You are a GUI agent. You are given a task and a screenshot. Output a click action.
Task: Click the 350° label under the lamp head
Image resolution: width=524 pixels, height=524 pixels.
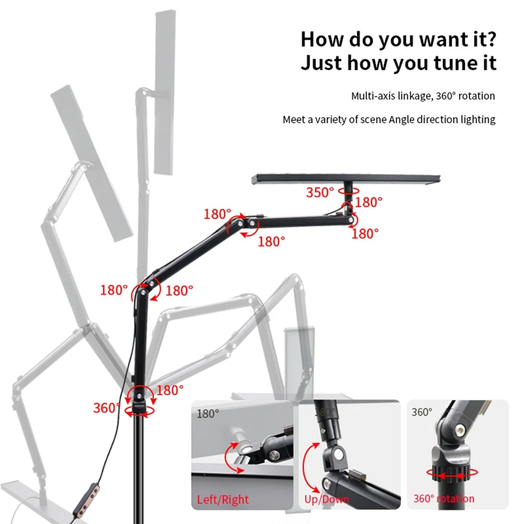coord(320,192)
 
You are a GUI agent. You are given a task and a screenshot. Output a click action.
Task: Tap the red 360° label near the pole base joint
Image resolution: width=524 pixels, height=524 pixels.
coord(106,408)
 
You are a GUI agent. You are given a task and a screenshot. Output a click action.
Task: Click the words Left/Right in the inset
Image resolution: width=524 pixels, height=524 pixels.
coord(223,499)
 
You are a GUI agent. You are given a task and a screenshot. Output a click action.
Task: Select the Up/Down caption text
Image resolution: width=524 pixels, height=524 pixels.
coord(326,499)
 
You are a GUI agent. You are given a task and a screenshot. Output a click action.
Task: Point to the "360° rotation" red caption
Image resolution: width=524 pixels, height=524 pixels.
coord(444,499)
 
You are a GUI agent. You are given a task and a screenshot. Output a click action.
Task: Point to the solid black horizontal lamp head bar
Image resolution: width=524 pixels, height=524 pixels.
coord(346,179)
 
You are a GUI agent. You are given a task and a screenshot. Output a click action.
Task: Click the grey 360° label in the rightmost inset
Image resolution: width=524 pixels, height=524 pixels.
coord(422,412)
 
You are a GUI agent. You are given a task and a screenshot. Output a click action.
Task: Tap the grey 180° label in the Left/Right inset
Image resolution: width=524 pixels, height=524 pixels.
coord(208,414)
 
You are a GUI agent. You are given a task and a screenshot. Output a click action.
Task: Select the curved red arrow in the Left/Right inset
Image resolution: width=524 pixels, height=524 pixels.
coord(229,458)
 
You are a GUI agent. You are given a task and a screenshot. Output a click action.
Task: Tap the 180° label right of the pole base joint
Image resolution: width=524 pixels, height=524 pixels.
coord(170,390)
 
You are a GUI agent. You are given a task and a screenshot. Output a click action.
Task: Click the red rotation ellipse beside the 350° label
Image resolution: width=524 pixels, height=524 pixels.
coord(348,191)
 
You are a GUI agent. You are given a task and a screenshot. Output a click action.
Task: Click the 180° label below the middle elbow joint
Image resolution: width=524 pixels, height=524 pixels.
coord(271,241)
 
